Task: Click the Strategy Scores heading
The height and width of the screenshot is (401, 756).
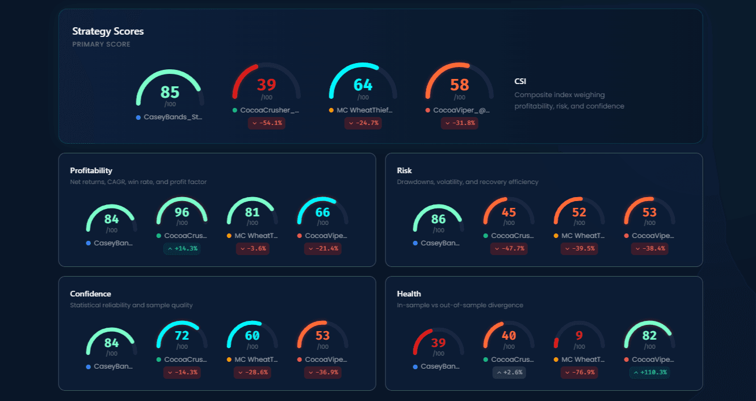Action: pos(108,32)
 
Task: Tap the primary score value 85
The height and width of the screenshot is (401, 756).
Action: pos(170,92)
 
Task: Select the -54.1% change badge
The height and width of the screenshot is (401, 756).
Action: pos(267,123)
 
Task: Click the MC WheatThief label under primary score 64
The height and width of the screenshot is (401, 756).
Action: pos(364,110)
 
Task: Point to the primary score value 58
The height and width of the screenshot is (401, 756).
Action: pos(459,85)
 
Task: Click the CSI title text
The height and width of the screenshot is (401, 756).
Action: pos(520,82)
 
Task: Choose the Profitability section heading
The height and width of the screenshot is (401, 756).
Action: pos(91,170)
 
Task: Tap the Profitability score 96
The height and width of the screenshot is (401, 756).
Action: pos(182,212)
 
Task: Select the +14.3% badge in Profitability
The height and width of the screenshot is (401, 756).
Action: pos(182,248)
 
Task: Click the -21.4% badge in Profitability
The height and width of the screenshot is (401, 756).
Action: pos(322,248)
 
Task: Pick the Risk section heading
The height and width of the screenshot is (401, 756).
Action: pos(404,170)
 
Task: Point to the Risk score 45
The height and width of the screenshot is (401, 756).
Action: pos(509,212)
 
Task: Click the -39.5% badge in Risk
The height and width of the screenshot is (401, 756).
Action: pos(579,248)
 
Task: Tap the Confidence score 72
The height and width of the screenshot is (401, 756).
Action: pos(182,336)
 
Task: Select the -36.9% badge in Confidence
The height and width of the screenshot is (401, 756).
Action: pos(322,372)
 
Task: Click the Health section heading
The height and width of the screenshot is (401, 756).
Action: pos(409,294)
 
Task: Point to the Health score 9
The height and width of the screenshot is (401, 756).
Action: pos(579,336)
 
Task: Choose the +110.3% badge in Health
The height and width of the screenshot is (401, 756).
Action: pos(649,372)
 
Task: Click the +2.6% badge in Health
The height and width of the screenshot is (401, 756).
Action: pos(509,372)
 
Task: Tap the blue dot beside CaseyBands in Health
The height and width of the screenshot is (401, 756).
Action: pos(415,367)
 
